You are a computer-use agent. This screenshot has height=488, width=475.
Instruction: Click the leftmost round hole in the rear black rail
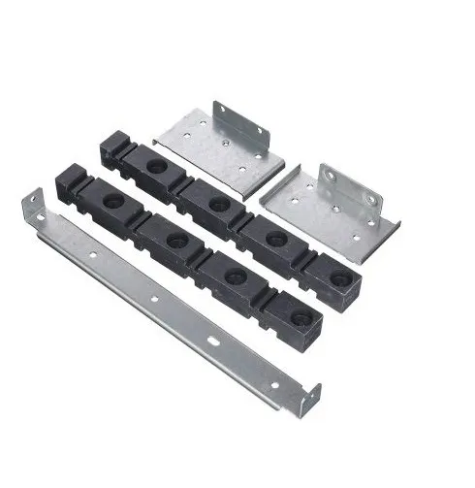pos(155,166)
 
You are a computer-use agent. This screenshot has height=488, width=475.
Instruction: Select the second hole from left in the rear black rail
pos(214,202)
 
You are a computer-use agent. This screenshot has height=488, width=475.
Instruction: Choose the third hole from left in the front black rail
pos(233,277)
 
